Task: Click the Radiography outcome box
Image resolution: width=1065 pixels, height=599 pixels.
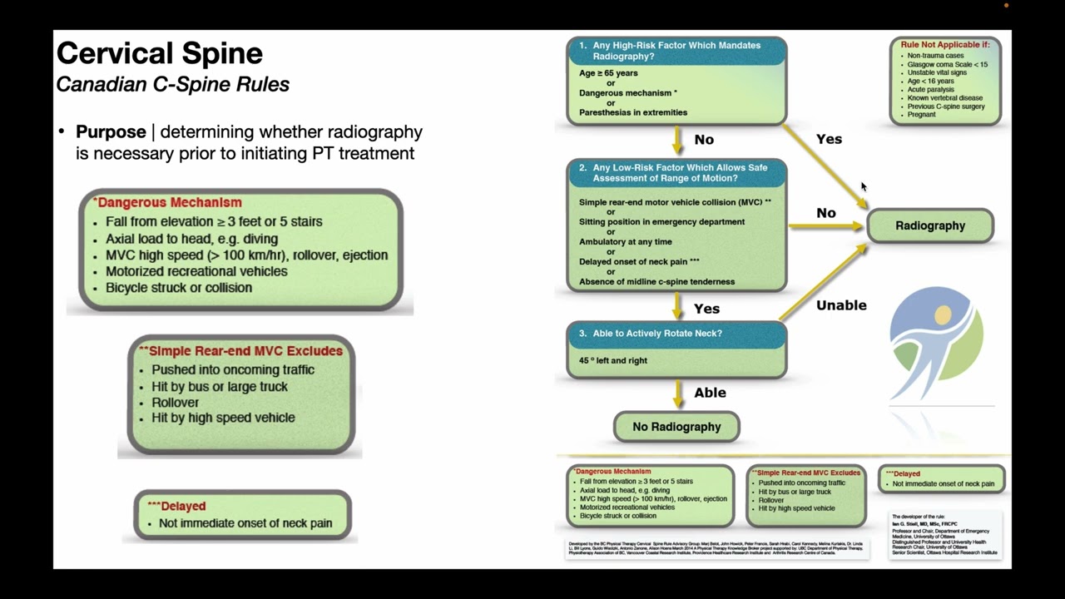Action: tap(930, 225)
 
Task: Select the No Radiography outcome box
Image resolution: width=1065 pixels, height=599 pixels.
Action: tap(676, 427)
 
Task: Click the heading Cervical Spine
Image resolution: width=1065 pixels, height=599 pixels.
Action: tap(160, 54)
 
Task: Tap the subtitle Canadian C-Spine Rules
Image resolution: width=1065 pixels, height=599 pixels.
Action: tap(173, 85)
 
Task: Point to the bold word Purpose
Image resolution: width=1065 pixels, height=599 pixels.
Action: tap(110, 132)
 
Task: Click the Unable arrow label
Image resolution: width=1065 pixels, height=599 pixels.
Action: tap(841, 305)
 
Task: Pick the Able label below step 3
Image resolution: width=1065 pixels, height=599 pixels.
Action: tap(710, 393)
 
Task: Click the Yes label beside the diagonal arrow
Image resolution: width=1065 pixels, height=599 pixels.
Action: tap(829, 139)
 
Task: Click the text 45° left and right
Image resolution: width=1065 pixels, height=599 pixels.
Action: tap(613, 360)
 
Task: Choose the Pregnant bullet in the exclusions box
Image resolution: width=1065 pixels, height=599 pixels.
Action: tap(922, 115)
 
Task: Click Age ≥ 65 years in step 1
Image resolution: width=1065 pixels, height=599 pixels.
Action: tap(609, 73)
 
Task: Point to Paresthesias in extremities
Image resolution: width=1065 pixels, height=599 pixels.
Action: tap(633, 112)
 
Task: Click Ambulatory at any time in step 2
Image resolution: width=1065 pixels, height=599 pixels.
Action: tap(626, 242)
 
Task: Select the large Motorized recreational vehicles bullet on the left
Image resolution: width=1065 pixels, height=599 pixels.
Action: tap(196, 271)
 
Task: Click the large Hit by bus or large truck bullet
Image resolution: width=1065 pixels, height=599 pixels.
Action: tap(220, 386)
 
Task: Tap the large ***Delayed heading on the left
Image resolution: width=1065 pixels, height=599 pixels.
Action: tap(176, 506)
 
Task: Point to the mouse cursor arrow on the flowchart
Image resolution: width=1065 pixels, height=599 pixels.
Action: tap(863, 186)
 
